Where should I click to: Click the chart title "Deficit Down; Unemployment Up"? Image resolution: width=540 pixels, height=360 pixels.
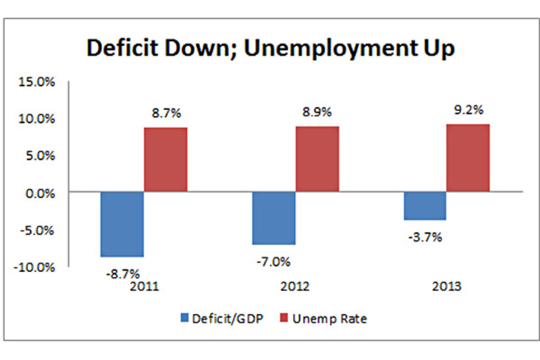[x=270, y=49]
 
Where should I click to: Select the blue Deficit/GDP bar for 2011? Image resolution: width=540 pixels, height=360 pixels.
[x=122, y=224]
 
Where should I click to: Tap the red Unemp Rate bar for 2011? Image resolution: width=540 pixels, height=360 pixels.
[x=166, y=160]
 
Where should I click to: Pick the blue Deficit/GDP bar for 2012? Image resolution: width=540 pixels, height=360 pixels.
[x=274, y=218]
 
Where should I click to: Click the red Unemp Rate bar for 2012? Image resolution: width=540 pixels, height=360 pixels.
[x=317, y=159]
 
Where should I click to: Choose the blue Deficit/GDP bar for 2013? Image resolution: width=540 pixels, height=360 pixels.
[x=424, y=206]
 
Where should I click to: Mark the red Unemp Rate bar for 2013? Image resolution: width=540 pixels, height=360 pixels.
[x=468, y=158]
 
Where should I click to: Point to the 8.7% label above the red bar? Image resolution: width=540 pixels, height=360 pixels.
[x=166, y=113]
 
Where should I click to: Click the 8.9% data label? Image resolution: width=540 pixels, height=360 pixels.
[x=317, y=112]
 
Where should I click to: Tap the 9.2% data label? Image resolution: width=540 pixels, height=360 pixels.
[x=468, y=109]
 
